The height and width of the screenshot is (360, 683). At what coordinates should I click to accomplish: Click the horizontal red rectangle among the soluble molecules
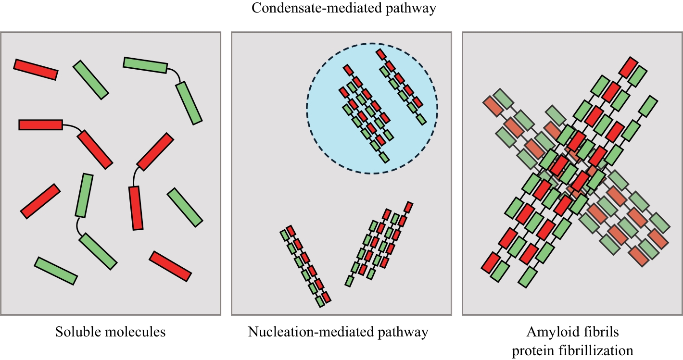pos(40,125)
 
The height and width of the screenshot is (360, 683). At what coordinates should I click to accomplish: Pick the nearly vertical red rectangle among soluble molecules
pos(136,208)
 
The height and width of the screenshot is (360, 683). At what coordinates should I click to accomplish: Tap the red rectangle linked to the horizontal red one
pos(95,149)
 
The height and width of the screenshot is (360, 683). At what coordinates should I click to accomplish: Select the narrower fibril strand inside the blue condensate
pos(401,87)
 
